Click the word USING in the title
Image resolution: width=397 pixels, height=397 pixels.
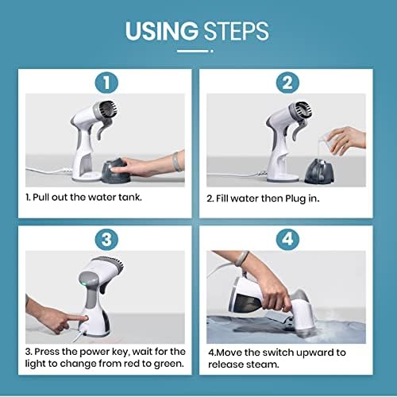pos(162,31)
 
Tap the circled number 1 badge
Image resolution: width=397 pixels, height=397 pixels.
pos(106,83)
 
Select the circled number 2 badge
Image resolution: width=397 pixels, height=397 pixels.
pos(287,83)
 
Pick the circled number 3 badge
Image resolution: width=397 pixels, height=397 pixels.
pos(106,240)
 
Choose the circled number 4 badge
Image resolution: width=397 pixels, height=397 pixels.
pos(287,240)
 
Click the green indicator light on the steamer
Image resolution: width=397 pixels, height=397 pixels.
pos(84,284)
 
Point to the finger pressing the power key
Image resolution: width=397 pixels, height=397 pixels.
pos(77,318)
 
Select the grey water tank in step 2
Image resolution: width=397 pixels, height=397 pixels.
pos(318,172)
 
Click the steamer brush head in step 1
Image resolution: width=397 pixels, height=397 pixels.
pos(108,110)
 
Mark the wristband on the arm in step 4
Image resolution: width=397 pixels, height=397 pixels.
pos(241,258)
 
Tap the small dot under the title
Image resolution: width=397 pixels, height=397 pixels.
pos(212,51)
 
